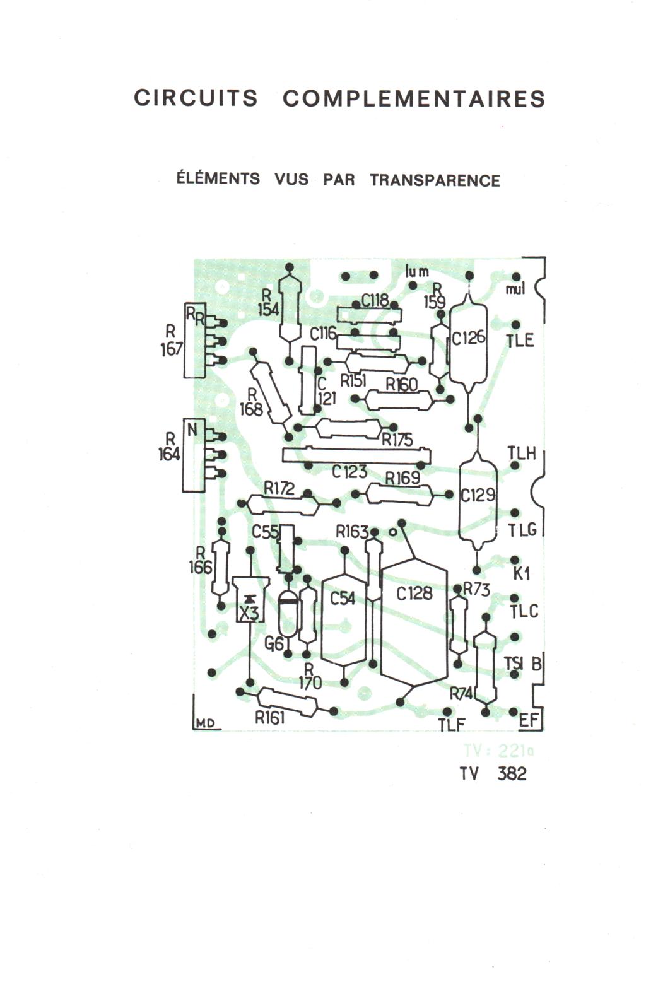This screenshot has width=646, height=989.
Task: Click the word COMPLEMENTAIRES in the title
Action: click(413, 100)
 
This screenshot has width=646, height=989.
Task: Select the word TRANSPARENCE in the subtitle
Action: click(435, 180)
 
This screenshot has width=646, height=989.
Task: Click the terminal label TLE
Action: click(520, 341)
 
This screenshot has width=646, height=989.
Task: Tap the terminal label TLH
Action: click(521, 453)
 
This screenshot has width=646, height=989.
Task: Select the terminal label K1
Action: click(521, 573)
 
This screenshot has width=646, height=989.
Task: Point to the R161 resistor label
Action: click(270, 718)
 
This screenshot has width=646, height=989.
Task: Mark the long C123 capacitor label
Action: click(349, 471)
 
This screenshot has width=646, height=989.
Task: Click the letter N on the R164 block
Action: click(193, 431)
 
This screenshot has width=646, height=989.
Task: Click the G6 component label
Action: click(273, 643)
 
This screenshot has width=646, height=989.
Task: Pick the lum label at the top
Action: click(417, 272)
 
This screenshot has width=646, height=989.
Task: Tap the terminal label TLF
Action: click(452, 725)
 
